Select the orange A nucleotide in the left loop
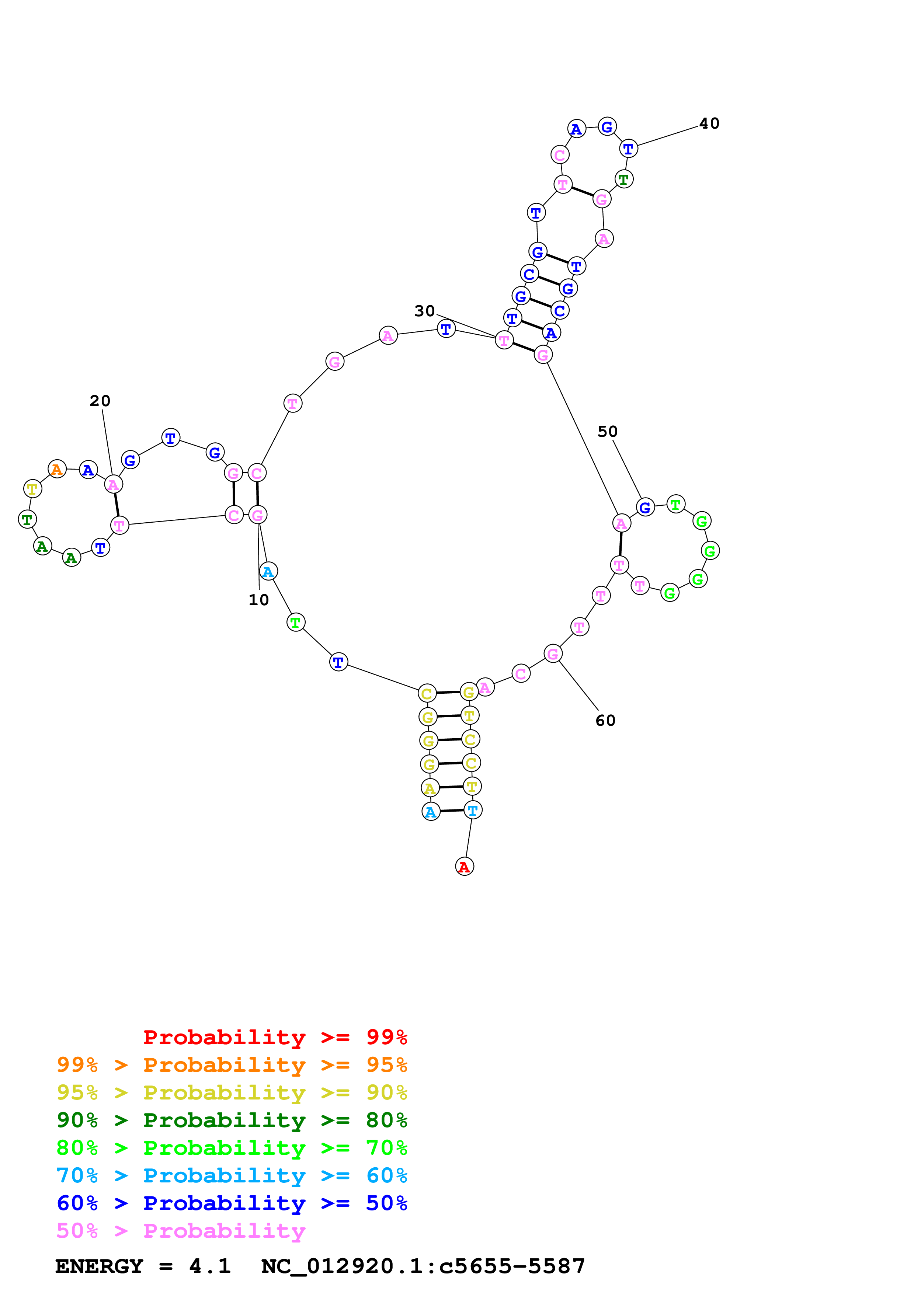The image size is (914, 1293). (x=57, y=469)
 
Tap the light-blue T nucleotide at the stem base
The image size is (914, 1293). (x=473, y=811)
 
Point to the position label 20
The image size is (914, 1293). (x=100, y=401)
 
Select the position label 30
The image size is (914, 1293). (x=425, y=311)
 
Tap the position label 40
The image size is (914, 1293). (x=709, y=123)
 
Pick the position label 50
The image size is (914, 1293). (x=608, y=431)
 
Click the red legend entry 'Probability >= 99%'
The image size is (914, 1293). (x=275, y=1037)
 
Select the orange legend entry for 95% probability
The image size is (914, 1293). (x=232, y=1065)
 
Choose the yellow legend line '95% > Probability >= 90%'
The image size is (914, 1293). (x=232, y=1092)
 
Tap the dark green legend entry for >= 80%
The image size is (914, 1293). (x=232, y=1120)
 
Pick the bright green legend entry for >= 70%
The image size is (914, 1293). (x=232, y=1148)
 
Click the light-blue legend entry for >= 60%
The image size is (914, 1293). (x=232, y=1175)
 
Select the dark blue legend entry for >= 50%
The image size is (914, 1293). (x=232, y=1203)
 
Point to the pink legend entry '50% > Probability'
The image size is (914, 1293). (x=180, y=1230)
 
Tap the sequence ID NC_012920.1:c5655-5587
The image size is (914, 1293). (x=423, y=1266)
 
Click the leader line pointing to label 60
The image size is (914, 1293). (x=578, y=685)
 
